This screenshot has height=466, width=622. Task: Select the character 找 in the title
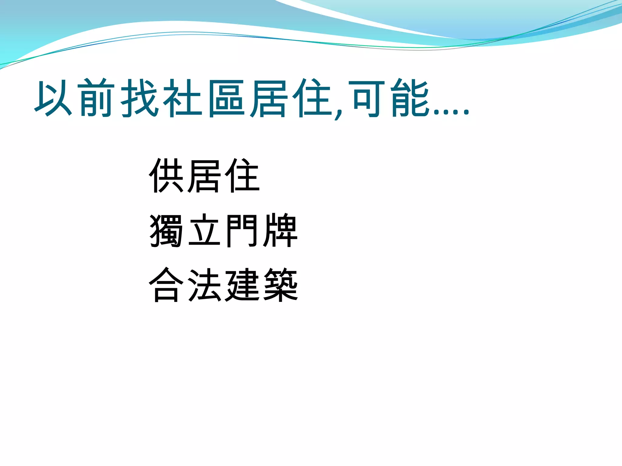pos(140,98)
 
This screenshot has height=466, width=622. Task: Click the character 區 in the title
pos(226,98)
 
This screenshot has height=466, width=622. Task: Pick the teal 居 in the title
pos(269,98)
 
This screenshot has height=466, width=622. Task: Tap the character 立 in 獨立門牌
pos(204,231)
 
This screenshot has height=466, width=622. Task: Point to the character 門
pos(242,231)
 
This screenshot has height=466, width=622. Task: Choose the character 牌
pos(280,231)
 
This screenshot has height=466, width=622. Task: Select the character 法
pos(204,285)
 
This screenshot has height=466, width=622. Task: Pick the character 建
pos(242,285)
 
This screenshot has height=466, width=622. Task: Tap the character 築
pos(280,285)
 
